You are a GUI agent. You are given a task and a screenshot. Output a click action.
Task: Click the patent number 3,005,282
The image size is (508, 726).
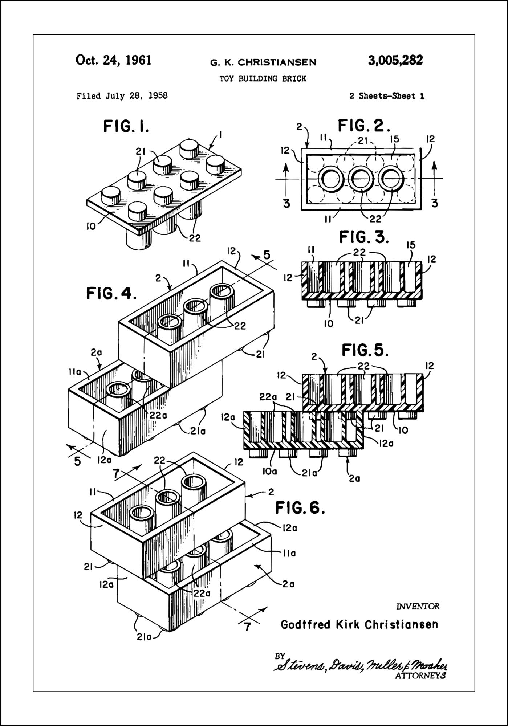pos(395,60)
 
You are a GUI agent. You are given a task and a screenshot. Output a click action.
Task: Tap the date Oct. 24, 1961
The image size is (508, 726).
pos(113,60)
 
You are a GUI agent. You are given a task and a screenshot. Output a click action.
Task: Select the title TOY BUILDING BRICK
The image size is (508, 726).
pos(263,78)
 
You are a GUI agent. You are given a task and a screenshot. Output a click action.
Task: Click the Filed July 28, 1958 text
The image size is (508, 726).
pos(122,96)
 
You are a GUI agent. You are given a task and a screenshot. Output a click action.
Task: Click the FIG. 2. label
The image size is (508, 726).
pos(364,126)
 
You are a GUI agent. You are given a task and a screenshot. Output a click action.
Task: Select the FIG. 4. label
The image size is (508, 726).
pos(111,293)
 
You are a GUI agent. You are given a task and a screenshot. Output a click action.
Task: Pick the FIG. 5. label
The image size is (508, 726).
pos(365,351)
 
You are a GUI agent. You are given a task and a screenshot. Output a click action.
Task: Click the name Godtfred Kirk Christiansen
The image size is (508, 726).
pos(359,625)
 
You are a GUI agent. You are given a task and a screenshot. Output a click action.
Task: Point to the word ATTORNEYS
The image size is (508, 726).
pos(420,676)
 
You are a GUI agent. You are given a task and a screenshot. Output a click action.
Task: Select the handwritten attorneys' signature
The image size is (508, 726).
pos(361,665)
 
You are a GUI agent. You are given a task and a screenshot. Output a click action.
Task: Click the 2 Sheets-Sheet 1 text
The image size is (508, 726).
pos(387,96)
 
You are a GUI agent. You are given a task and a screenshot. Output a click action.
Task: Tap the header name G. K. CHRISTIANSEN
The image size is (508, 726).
pos(263,63)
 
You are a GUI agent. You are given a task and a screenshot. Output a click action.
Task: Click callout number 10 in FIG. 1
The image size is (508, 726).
pos(91,227)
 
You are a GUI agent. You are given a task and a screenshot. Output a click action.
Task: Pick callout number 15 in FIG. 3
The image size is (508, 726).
pos(410,245)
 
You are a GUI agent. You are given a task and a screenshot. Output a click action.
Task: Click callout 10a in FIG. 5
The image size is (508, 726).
pos(270,471)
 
